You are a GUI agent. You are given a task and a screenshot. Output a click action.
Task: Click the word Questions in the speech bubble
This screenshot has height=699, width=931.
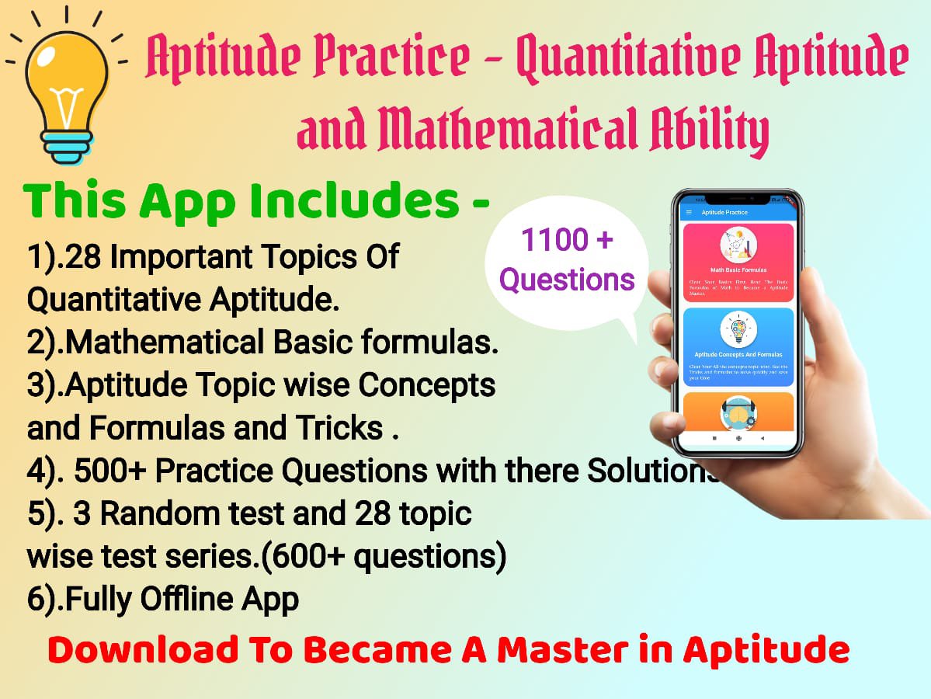pyautogui.click(x=567, y=279)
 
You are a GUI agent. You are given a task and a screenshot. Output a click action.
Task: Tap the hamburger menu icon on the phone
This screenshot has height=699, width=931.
pyautogui.click(x=688, y=212)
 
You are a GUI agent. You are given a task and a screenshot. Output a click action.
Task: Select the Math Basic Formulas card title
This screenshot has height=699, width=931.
pyautogui.click(x=738, y=270)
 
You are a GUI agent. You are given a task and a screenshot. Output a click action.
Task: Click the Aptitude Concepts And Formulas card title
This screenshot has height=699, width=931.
pyautogui.click(x=738, y=354)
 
